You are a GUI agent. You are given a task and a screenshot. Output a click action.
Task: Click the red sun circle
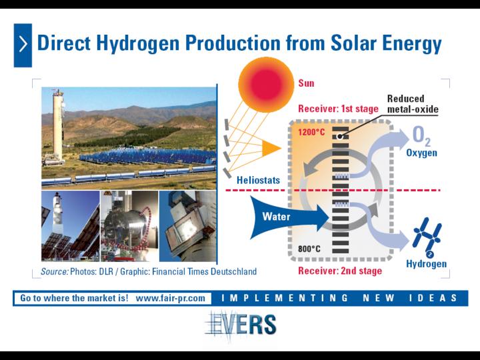click(266, 85)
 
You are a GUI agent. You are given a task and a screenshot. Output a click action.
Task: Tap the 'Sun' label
click(306, 83)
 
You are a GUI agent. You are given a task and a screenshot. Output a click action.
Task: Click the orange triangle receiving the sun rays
click(271, 149)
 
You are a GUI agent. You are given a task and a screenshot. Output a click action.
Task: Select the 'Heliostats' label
click(259, 180)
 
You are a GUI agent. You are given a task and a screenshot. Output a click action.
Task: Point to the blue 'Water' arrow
click(289, 217)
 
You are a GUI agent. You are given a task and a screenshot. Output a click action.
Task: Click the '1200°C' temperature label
click(311, 132)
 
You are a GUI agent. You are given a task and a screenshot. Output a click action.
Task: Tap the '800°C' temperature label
click(309, 249)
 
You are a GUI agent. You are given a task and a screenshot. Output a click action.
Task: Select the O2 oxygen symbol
click(421, 135)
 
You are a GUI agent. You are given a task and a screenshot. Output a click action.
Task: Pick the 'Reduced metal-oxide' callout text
click(413, 104)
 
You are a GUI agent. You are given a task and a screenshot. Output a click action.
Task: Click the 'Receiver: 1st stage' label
click(338, 109)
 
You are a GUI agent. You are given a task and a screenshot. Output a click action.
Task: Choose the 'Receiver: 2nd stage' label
click(340, 271)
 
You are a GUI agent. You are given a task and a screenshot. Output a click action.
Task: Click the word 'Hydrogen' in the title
click(138, 43)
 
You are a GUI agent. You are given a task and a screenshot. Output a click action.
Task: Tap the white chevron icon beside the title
click(23, 45)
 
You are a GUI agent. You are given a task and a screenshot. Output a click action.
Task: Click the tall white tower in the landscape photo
click(58, 125)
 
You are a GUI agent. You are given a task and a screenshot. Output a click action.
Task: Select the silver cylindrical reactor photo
click(129, 226)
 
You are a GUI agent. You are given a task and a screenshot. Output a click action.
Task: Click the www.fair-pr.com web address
click(170, 298)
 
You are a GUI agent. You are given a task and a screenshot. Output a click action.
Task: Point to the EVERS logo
click(241, 325)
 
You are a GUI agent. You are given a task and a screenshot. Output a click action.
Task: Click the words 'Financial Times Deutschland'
click(204, 271)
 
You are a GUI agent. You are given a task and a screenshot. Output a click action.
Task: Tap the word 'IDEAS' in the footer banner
click(433, 298)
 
